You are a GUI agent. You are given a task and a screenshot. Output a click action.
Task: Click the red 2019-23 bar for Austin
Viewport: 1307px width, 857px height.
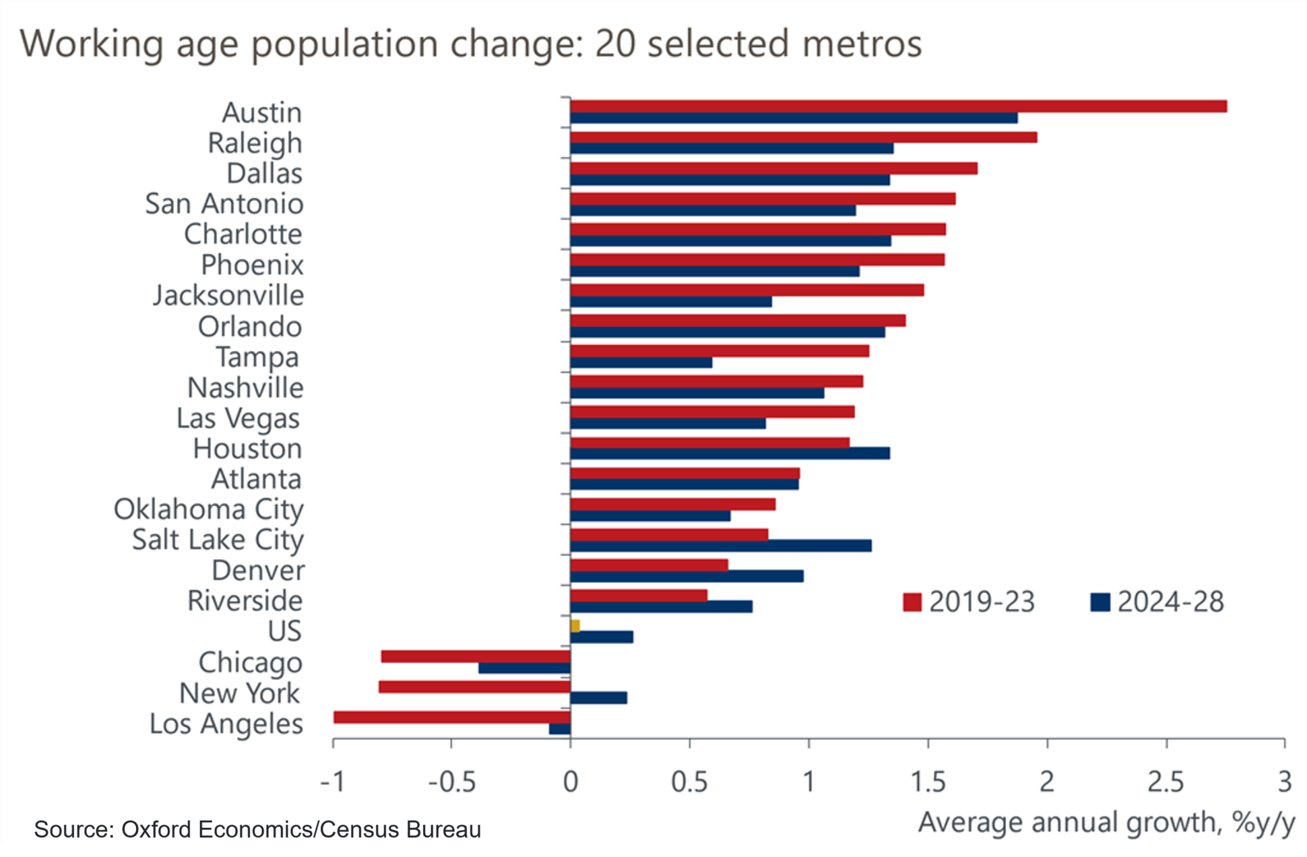tap(898, 106)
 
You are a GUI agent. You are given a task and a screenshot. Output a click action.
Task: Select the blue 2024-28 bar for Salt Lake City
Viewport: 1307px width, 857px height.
tap(721, 546)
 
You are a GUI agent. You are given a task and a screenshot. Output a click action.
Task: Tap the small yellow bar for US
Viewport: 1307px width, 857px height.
tap(575, 626)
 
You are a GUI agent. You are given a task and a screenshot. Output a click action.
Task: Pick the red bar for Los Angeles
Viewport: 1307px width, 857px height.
tap(452, 717)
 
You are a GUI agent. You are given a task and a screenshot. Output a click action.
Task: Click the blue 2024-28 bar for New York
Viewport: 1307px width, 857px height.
tap(599, 698)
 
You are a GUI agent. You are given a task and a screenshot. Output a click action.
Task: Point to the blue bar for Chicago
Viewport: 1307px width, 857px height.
tap(524, 668)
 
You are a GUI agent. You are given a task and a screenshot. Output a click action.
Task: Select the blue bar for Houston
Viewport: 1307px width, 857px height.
tap(729, 453)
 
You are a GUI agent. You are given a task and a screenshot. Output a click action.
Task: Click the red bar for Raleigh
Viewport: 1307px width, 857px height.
tap(803, 137)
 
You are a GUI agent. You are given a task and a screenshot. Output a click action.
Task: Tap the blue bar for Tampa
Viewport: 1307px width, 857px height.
tap(641, 363)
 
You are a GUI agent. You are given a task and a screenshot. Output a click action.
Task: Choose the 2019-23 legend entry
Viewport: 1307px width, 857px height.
tap(969, 602)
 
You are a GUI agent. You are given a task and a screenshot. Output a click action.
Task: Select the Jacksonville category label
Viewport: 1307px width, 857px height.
tap(228, 296)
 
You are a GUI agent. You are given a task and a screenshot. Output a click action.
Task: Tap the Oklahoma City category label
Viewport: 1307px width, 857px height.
tap(209, 510)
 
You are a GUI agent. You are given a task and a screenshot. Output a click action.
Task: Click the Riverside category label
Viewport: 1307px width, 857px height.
tap(245, 601)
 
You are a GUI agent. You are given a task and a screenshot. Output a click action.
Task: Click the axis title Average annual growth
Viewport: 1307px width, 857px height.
tap(1106, 823)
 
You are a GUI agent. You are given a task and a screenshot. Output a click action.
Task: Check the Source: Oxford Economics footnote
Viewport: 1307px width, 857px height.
tap(257, 830)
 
